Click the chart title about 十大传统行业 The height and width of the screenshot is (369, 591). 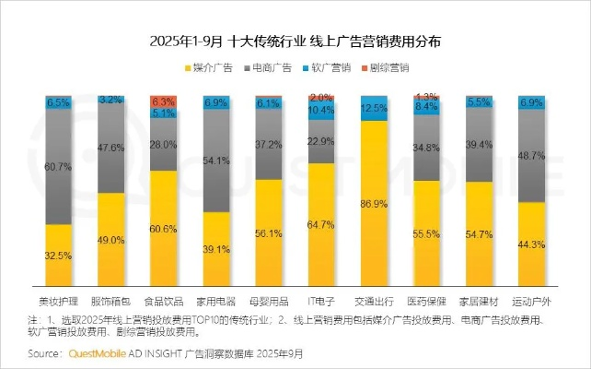[x=295, y=42]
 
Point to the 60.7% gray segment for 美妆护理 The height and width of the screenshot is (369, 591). [x=59, y=167]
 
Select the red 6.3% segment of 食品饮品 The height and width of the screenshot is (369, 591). [x=164, y=101]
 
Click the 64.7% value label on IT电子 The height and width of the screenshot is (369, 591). [x=321, y=224]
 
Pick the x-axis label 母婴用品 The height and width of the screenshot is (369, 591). [x=269, y=301]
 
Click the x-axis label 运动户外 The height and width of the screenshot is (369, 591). [x=532, y=301]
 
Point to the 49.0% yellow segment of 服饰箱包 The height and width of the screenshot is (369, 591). [x=111, y=240]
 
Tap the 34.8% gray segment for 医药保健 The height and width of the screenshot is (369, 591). [x=427, y=148]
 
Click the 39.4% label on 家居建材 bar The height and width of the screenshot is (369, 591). [x=480, y=145]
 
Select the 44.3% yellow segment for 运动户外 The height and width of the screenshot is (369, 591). [x=532, y=244]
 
